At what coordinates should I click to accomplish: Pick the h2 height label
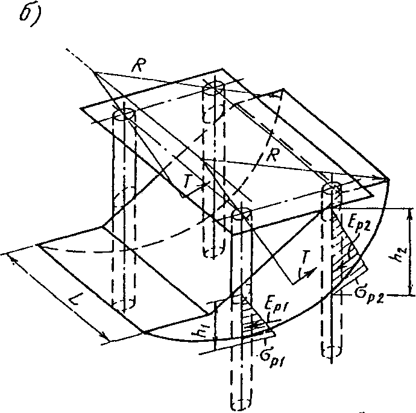(403, 250)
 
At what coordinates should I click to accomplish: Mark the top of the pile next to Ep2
(332, 189)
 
